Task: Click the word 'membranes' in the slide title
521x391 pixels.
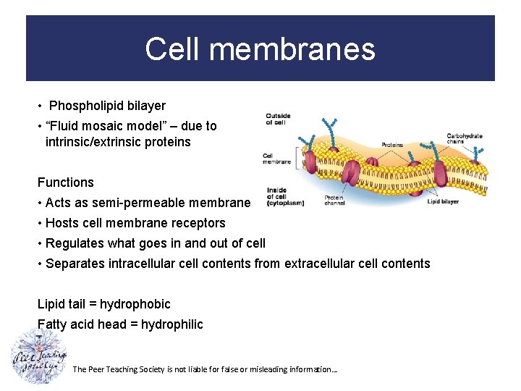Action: (300, 49)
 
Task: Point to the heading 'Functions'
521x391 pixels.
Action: (66, 182)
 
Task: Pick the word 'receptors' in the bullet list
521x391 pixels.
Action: (197, 223)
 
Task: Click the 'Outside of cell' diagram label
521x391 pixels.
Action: (278, 119)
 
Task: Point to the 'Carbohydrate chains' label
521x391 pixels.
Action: (464, 139)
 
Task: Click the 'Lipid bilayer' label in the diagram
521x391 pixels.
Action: (444, 202)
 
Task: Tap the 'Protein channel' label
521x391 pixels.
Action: (334, 201)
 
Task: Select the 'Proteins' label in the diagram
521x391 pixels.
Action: (392, 146)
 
